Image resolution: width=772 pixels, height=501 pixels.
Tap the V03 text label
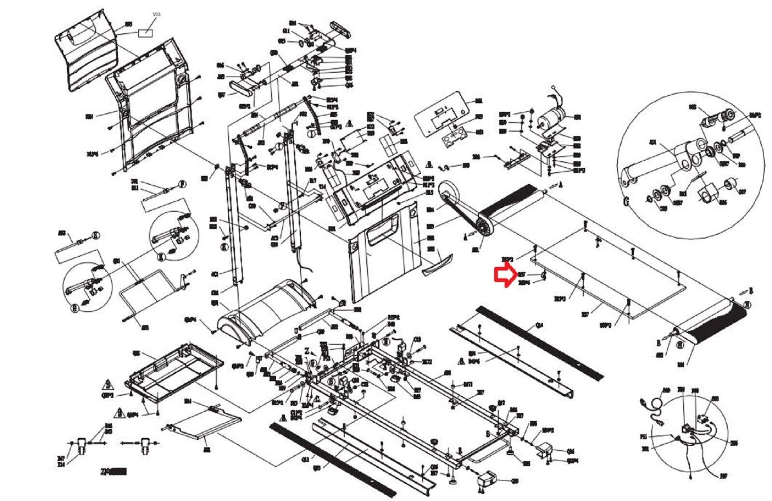(156, 15)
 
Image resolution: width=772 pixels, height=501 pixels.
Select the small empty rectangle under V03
(145, 33)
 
